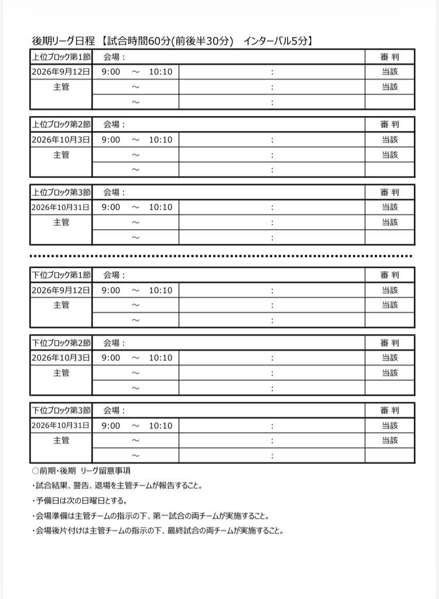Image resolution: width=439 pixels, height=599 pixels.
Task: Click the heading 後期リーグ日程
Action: point(63,41)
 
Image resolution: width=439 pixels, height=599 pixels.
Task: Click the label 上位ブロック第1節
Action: point(61,57)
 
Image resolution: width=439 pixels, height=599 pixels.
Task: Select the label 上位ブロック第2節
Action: point(61,124)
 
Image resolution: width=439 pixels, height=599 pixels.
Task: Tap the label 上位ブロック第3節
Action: point(61,192)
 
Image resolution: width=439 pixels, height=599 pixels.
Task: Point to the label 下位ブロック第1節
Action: point(61,275)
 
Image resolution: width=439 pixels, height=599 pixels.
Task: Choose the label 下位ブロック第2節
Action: point(61,342)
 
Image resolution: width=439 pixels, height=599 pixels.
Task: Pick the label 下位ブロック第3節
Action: point(61,410)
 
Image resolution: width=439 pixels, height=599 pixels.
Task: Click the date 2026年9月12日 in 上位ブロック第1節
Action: point(61,72)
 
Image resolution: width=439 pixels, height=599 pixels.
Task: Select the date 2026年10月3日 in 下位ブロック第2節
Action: point(61,358)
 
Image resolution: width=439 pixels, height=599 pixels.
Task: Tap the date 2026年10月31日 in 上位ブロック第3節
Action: point(61,207)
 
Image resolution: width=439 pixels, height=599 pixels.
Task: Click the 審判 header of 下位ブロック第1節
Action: point(389,275)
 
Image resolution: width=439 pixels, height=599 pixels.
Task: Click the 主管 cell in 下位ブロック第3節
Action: point(61,440)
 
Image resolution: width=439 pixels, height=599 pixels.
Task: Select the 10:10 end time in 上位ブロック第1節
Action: point(160,72)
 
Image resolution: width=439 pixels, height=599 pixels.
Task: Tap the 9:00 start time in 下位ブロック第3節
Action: point(111,426)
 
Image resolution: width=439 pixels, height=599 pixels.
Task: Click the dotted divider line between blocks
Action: point(221,256)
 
